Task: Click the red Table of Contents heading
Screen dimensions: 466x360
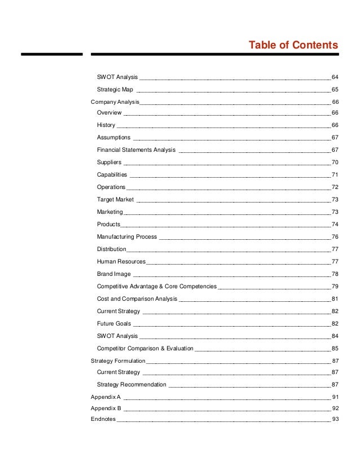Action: click(x=293, y=45)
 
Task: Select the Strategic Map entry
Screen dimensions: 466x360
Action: click(x=115, y=89)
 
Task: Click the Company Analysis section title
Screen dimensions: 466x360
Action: click(x=115, y=102)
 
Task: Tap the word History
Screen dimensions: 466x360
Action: click(x=106, y=125)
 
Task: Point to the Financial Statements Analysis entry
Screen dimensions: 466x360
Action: click(x=136, y=150)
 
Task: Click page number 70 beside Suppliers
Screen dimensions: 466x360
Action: click(x=335, y=162)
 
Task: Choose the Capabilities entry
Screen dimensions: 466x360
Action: click(x=112, y=175)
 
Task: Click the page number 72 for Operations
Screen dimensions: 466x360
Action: click(x=335, y=187)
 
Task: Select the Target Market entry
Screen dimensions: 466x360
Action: click(x=115, y=200)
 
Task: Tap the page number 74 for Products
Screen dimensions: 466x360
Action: click(x=335, y=225)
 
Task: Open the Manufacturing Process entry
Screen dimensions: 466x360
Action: click(x=127, y=237)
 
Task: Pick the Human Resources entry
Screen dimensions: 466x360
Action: click(x=121, y=262)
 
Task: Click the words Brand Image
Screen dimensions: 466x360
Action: click(x=113, y=274)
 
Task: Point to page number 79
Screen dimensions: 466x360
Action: click(x=335, y=287)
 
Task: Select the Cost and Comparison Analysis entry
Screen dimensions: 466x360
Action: click(x=137, y=299)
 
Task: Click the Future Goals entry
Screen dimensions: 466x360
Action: click(x=113, y=324)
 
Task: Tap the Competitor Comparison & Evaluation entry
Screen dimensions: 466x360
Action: click(x=145, y=349)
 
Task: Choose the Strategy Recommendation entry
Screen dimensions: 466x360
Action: click(x=131, y=385)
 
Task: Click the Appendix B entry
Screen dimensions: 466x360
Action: click(x=106, y=408)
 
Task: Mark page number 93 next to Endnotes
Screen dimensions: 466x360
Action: click(x=335, y=420)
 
